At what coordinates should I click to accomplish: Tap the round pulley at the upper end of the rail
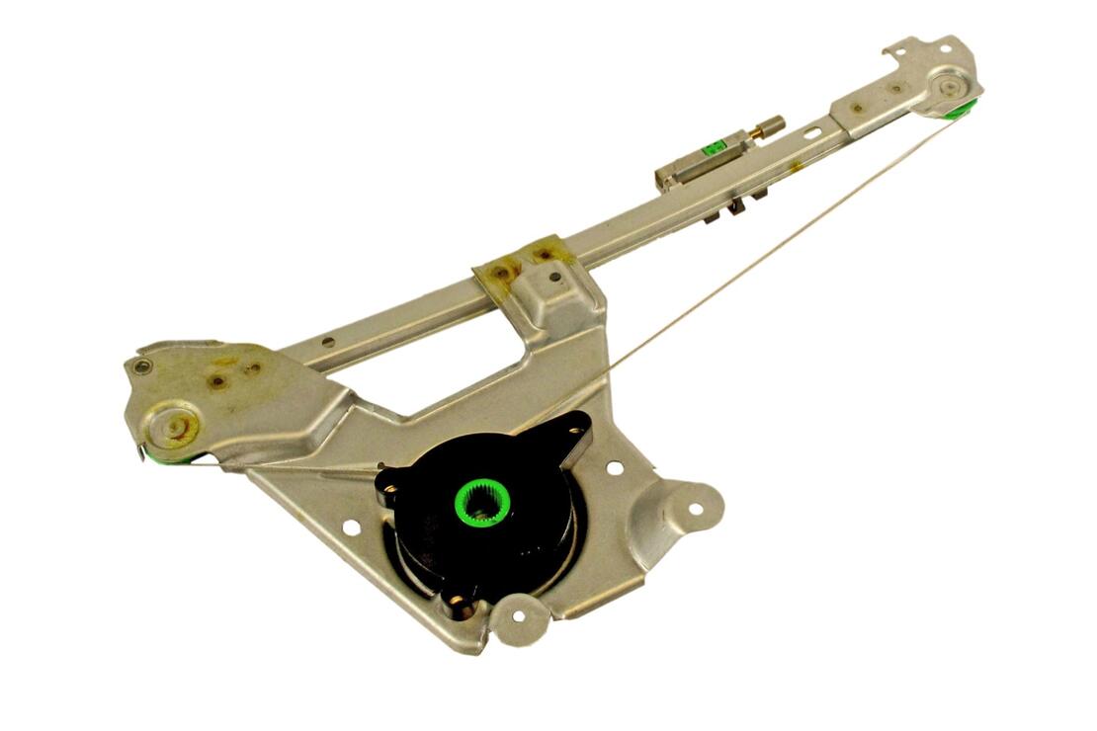click(949, 87)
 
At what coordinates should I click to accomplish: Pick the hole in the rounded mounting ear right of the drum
click(695, 510)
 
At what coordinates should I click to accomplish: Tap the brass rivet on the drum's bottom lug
click(457, 601)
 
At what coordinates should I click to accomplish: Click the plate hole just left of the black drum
click(350, 528)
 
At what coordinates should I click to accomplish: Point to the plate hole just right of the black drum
click(615, 467)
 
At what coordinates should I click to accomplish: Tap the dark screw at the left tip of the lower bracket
click(144, 366)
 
